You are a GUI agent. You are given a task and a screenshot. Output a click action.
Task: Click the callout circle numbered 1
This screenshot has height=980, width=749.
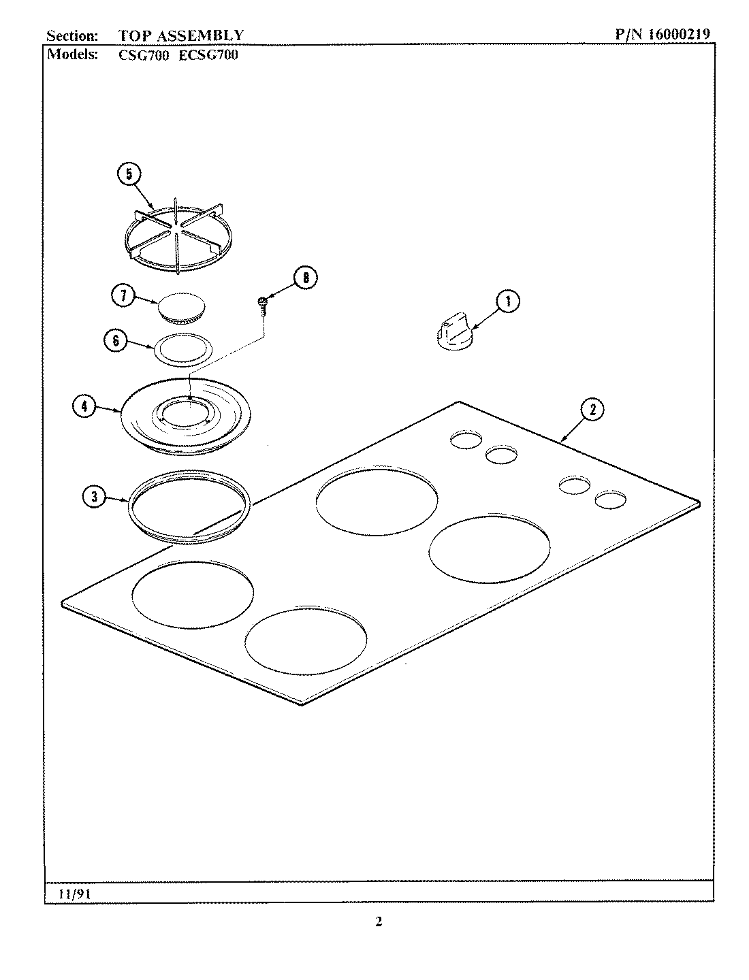(x=507, y=302)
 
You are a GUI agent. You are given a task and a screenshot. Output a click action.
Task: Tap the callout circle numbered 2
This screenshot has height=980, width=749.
(x=592, y=410)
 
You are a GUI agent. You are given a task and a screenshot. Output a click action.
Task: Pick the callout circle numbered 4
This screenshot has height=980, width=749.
(x=84, y=407)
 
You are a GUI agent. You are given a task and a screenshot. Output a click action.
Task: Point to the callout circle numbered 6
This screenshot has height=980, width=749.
(x=115, y=340)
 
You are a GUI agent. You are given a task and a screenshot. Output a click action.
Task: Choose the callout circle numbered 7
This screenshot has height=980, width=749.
(x=123, y=296)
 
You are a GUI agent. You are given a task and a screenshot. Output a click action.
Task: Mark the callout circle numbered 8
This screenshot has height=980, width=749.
(x=306, y=278)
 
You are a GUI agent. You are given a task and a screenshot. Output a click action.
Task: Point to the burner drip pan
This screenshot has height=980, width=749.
(x=185, y=415)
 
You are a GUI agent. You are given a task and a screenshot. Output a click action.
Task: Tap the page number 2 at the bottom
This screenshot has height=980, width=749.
(x=379, y=922)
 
